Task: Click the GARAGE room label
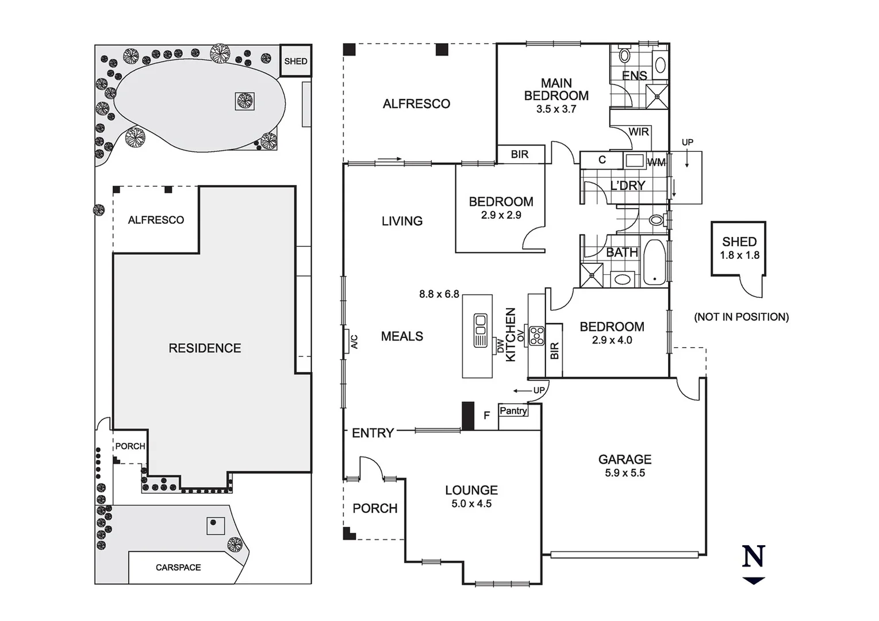(x=624, y=459)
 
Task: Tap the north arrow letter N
(x=754, y=557)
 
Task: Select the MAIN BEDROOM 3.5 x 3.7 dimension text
(x=556, y=109)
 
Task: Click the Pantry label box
(x=513, y=411)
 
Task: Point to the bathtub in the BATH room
(x=654, y=262)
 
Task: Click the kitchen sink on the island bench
(x=480, y=331)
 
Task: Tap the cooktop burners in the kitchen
(x=536, y=336)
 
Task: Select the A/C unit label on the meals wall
(x=354, y=342)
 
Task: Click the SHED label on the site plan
(x=295, y=61)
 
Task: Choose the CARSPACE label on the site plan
(x=178, y=568)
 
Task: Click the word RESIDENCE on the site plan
(x=205, y=348)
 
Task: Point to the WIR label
(x=638, y=132)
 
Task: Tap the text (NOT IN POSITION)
(x=741, y=317)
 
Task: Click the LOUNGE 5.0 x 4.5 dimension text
(x=471, y=504)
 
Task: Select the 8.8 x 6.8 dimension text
(x=439, y=294)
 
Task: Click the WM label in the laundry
(x=656, y=162)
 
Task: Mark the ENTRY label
(x=373, y=433)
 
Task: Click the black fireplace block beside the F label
(x=468, y=416)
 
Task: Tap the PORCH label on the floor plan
(x=375, y=508)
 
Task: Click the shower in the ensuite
(x=657, y=96)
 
